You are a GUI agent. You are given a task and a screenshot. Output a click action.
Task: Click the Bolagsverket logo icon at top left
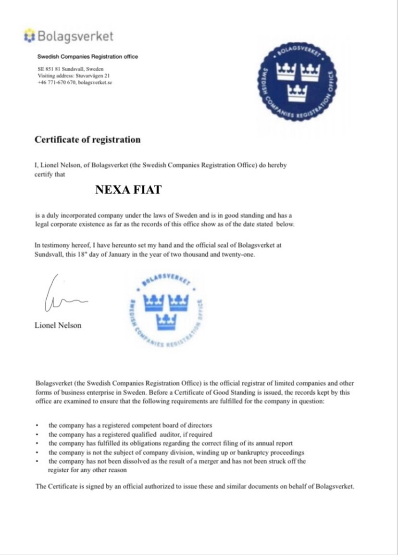point(30,35)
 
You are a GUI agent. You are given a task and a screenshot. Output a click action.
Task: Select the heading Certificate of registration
point(87,140)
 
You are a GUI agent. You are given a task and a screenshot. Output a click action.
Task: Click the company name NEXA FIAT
point(128,190)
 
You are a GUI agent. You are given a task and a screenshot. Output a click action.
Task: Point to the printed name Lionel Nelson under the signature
point(58,326)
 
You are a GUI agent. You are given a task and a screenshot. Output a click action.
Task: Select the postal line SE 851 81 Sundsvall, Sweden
point(70,69)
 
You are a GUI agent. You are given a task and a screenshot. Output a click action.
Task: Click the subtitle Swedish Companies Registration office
point(87,56)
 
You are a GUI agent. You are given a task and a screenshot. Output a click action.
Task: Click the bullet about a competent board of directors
point(130,426)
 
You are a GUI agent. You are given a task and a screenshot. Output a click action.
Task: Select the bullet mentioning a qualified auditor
point(130,434)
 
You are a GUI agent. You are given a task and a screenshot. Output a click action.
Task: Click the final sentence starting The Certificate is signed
point(195,486)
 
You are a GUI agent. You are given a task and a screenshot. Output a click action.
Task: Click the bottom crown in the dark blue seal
point(297,92)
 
